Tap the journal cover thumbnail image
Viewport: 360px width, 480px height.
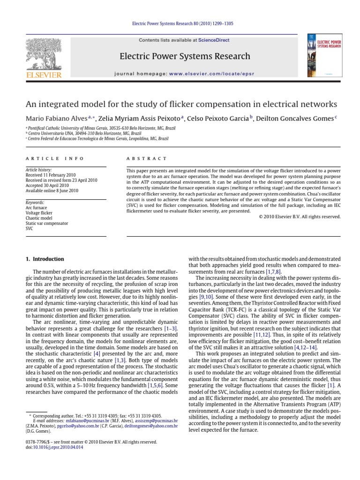click(x=321, y=55)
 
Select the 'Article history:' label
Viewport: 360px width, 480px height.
click(x=39, y=170)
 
